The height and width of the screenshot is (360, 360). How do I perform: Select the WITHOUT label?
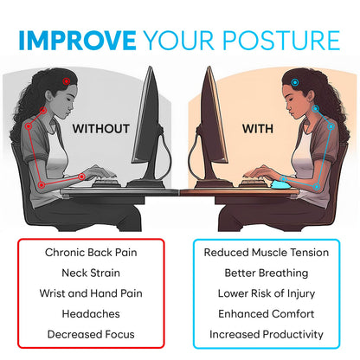tap(100, 129)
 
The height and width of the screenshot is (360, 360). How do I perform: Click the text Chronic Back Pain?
tap(91, 253)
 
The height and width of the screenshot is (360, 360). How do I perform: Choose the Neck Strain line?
tap(91, 273)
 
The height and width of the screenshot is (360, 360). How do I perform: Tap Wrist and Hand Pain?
tap(91, 292)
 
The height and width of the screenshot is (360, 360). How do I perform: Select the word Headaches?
tap(91, 313)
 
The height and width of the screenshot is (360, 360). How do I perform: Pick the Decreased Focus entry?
tap(91, 333)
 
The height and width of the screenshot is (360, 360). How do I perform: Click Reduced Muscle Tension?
tap(267, 253)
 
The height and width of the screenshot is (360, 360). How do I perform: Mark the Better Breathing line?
tap(267, 273)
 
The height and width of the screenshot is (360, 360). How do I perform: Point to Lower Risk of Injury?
tap(267, 292)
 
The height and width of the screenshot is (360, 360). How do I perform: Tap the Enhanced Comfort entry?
tap(267, 313)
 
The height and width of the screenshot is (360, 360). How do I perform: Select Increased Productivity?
tap(267, 333)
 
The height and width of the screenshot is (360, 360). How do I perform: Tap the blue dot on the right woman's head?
tap(295, 83)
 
